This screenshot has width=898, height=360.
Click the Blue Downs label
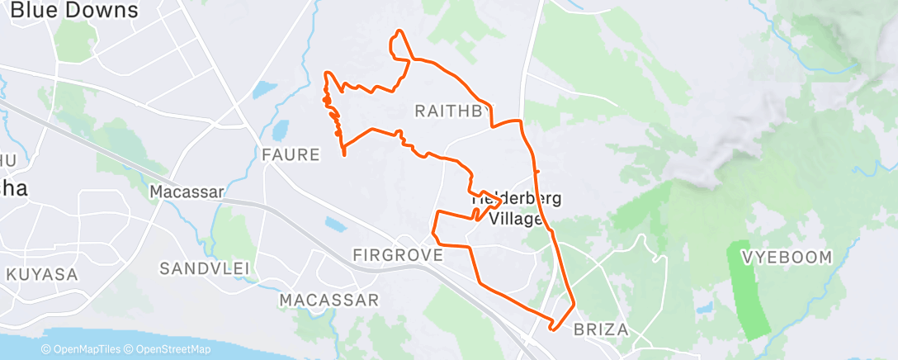pos(74,10)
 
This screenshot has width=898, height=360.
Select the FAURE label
pos(290,154)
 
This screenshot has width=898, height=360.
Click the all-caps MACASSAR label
pos(328,299)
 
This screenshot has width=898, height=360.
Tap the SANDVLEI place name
pos(205,268)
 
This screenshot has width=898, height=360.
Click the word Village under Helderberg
pos(516,219)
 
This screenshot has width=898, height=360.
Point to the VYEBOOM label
pos(787,258)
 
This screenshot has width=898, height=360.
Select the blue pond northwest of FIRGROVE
pos(335,224)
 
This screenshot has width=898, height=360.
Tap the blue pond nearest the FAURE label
pos(281,130)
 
